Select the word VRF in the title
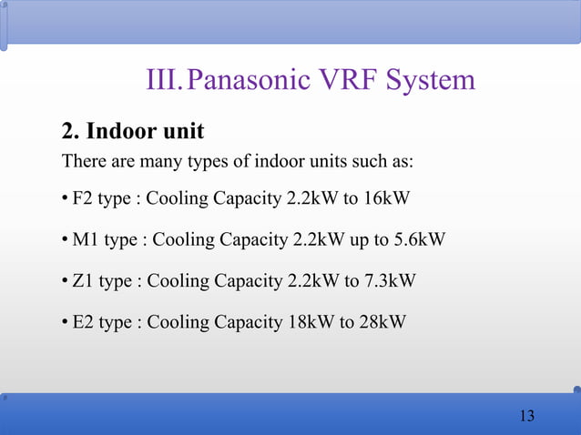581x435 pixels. click(350, 81)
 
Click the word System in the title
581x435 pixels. click(431, 81)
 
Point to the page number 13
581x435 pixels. click(525, 416)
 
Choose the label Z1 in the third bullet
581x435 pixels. click(83, 280)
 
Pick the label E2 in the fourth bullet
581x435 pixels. click(83, 321)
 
